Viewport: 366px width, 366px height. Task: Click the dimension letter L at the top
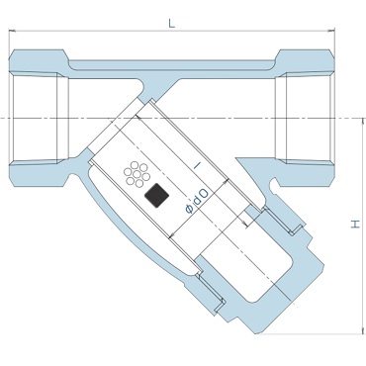coord(171,24)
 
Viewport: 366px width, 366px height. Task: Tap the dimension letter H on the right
coord(355,225)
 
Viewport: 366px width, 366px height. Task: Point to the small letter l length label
coord(197,165)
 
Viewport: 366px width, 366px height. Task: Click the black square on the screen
coord(157,196)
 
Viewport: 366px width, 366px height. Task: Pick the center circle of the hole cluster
coord(137,174)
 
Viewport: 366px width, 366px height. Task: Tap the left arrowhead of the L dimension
coord(12,31)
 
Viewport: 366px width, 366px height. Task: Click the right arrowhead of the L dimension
coord(331,31)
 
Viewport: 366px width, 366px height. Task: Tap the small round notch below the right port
coord(273,186)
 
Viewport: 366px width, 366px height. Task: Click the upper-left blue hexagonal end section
coord(39,62)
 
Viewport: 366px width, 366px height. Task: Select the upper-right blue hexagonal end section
coord(304,62)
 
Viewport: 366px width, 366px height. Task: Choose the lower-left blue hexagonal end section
coord(39,173)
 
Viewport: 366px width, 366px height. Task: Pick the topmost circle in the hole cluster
coord(135,165)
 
